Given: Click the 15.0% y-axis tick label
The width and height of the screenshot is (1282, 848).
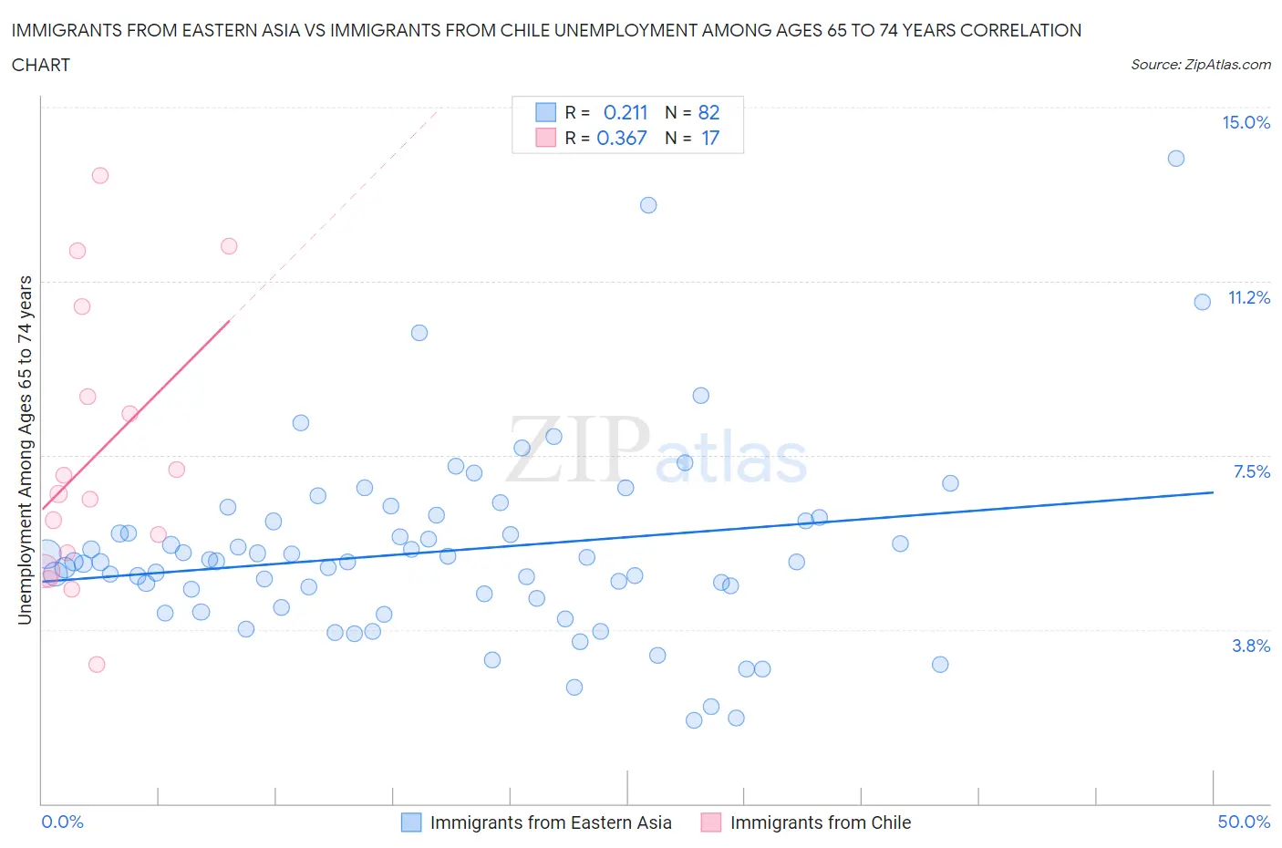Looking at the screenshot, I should pyautogui.click(x=1246, y=123).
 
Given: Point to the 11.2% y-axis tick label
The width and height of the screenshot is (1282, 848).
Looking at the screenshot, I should pyautogui.click(x=1248, y=298).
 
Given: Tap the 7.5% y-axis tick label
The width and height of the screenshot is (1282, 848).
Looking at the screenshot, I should pyautogui.click(x=1251, y=471).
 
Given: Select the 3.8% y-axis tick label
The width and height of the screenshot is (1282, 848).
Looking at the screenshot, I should pyautogui.click(x=1251, y=646).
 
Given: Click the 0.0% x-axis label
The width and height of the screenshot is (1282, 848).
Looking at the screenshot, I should pyautogui.click(x=62, y=822).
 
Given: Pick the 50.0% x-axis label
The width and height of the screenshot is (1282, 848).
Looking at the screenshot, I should pyautogui.click(x=1244, y=822).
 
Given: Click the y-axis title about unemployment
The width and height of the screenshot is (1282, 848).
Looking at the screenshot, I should pyautogui.click(x=26, y=450).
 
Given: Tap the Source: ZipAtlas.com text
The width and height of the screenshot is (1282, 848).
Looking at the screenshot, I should pyautogui.click(x=1200, y=65).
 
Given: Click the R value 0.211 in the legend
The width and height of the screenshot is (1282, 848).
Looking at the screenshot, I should pyautogui.click(x=625, y=112).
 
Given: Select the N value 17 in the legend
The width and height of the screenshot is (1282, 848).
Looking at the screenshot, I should pyautogui.click(x=710, y=138).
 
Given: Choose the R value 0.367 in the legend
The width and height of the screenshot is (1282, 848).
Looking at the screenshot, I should pyautogui.click(x=622, y=138).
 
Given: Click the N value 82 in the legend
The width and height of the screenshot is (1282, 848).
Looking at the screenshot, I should pyautogui.click(x=708, y=112).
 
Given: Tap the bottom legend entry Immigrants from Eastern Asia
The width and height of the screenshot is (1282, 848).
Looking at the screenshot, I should pyautogui.click(x=550, y=822).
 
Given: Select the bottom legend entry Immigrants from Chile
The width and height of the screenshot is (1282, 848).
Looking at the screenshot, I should pyautogui.click(x=820, y=822).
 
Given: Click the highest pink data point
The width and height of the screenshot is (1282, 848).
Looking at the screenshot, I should pyautogui.click(x=100, y=175).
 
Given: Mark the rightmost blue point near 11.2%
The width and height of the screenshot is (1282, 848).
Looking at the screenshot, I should pyautogui.click(x=1202, y=302).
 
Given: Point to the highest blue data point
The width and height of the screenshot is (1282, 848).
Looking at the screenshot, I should pyautogui.click(x=1176, y=159).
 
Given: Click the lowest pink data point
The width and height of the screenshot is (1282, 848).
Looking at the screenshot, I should pyautogui.click(x=97, y=664).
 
